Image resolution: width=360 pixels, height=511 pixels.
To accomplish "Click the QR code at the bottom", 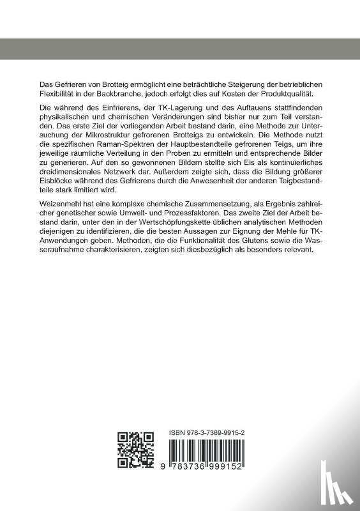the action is (x=135, y=450).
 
